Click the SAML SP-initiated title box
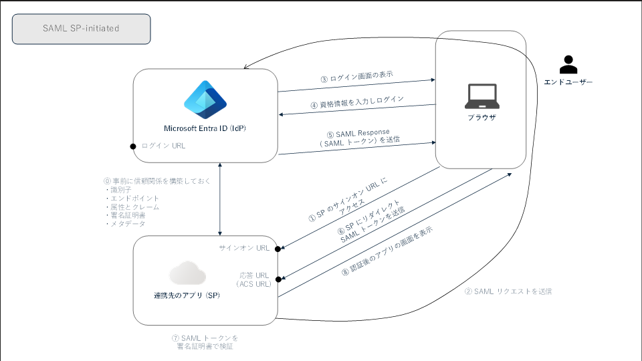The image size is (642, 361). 82,29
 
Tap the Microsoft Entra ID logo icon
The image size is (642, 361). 205,99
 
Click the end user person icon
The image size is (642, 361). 568,64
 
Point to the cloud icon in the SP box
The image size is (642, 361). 187,273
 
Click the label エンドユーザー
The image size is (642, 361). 568,82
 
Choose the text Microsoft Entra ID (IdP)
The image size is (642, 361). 205,128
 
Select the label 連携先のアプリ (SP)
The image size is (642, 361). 187,295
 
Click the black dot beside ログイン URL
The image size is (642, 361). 134,146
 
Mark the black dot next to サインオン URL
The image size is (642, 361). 277,249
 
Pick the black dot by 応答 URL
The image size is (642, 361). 277,279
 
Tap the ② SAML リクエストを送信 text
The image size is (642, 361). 508,291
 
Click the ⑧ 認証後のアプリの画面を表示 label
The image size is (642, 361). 387,250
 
